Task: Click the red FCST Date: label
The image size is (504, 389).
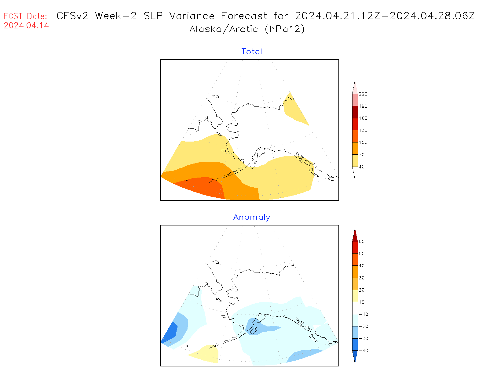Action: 25,16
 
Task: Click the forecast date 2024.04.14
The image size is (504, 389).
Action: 26,25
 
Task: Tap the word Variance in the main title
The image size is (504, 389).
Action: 192,16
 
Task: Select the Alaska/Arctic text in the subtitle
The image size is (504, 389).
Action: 224,29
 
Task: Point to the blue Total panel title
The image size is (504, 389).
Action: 252,52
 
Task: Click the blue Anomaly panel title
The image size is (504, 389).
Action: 252,217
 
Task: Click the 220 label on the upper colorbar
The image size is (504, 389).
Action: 363,94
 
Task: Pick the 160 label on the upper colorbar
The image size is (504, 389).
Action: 363,118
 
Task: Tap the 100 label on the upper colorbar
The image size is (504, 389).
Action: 363,142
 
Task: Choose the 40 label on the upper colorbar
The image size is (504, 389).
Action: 362,167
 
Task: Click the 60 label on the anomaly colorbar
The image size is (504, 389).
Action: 362,241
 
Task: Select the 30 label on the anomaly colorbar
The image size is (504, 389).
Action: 362,278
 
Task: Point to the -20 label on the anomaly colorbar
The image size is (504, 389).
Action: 363,326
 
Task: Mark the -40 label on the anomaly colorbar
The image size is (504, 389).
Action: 363,351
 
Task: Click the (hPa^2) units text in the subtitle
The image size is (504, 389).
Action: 285,29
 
